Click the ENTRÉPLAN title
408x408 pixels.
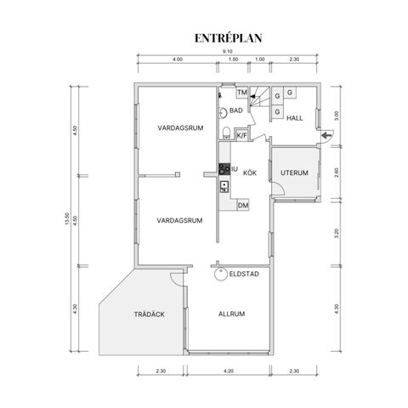(x=228, y=38)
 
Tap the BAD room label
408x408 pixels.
(x=236, y=110)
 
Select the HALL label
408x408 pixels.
(x=295, y=118)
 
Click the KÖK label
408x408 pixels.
(x=250, y=173)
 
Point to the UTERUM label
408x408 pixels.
(x=294, y=173)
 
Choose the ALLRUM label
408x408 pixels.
(x=231, y=314)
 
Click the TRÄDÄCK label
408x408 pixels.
(x=150, y=314)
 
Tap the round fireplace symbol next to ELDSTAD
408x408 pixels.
(x=221, y=274)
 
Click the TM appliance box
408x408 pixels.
(x=242, y=93)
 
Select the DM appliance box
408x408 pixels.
(x=243, y=205)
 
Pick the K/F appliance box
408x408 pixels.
(x=241, y=135)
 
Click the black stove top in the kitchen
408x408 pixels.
(x=224, y=169)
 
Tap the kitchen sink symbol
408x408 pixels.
(x=224, y=187)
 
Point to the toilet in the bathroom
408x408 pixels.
(x=226, y=133)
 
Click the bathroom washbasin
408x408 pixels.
(x=223, y=113)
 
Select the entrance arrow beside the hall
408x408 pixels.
(x=326, y=136)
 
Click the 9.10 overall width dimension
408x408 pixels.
(x=227, y=52)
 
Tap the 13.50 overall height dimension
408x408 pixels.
(x=67, y=218)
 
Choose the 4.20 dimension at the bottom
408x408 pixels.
(x=229, y=371)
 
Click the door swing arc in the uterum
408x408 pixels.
(x=280, y=187)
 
